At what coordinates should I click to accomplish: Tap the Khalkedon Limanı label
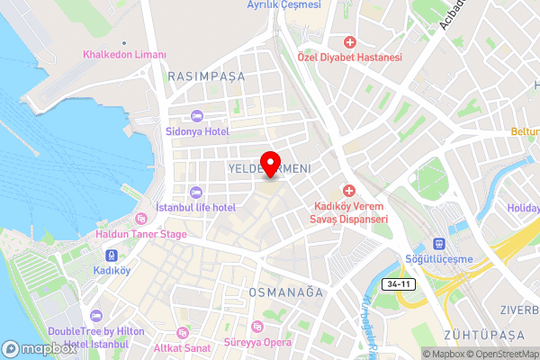pos(124,55)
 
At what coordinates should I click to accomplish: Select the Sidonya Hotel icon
pos(196,114)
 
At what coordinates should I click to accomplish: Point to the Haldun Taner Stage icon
pos(140,219)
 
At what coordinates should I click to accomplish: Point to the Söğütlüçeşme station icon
pos(439,244)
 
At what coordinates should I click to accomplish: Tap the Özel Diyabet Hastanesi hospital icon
pos(350,41)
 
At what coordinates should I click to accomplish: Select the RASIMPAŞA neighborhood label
pos(206,77)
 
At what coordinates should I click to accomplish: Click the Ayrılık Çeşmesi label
pos(283,4)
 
